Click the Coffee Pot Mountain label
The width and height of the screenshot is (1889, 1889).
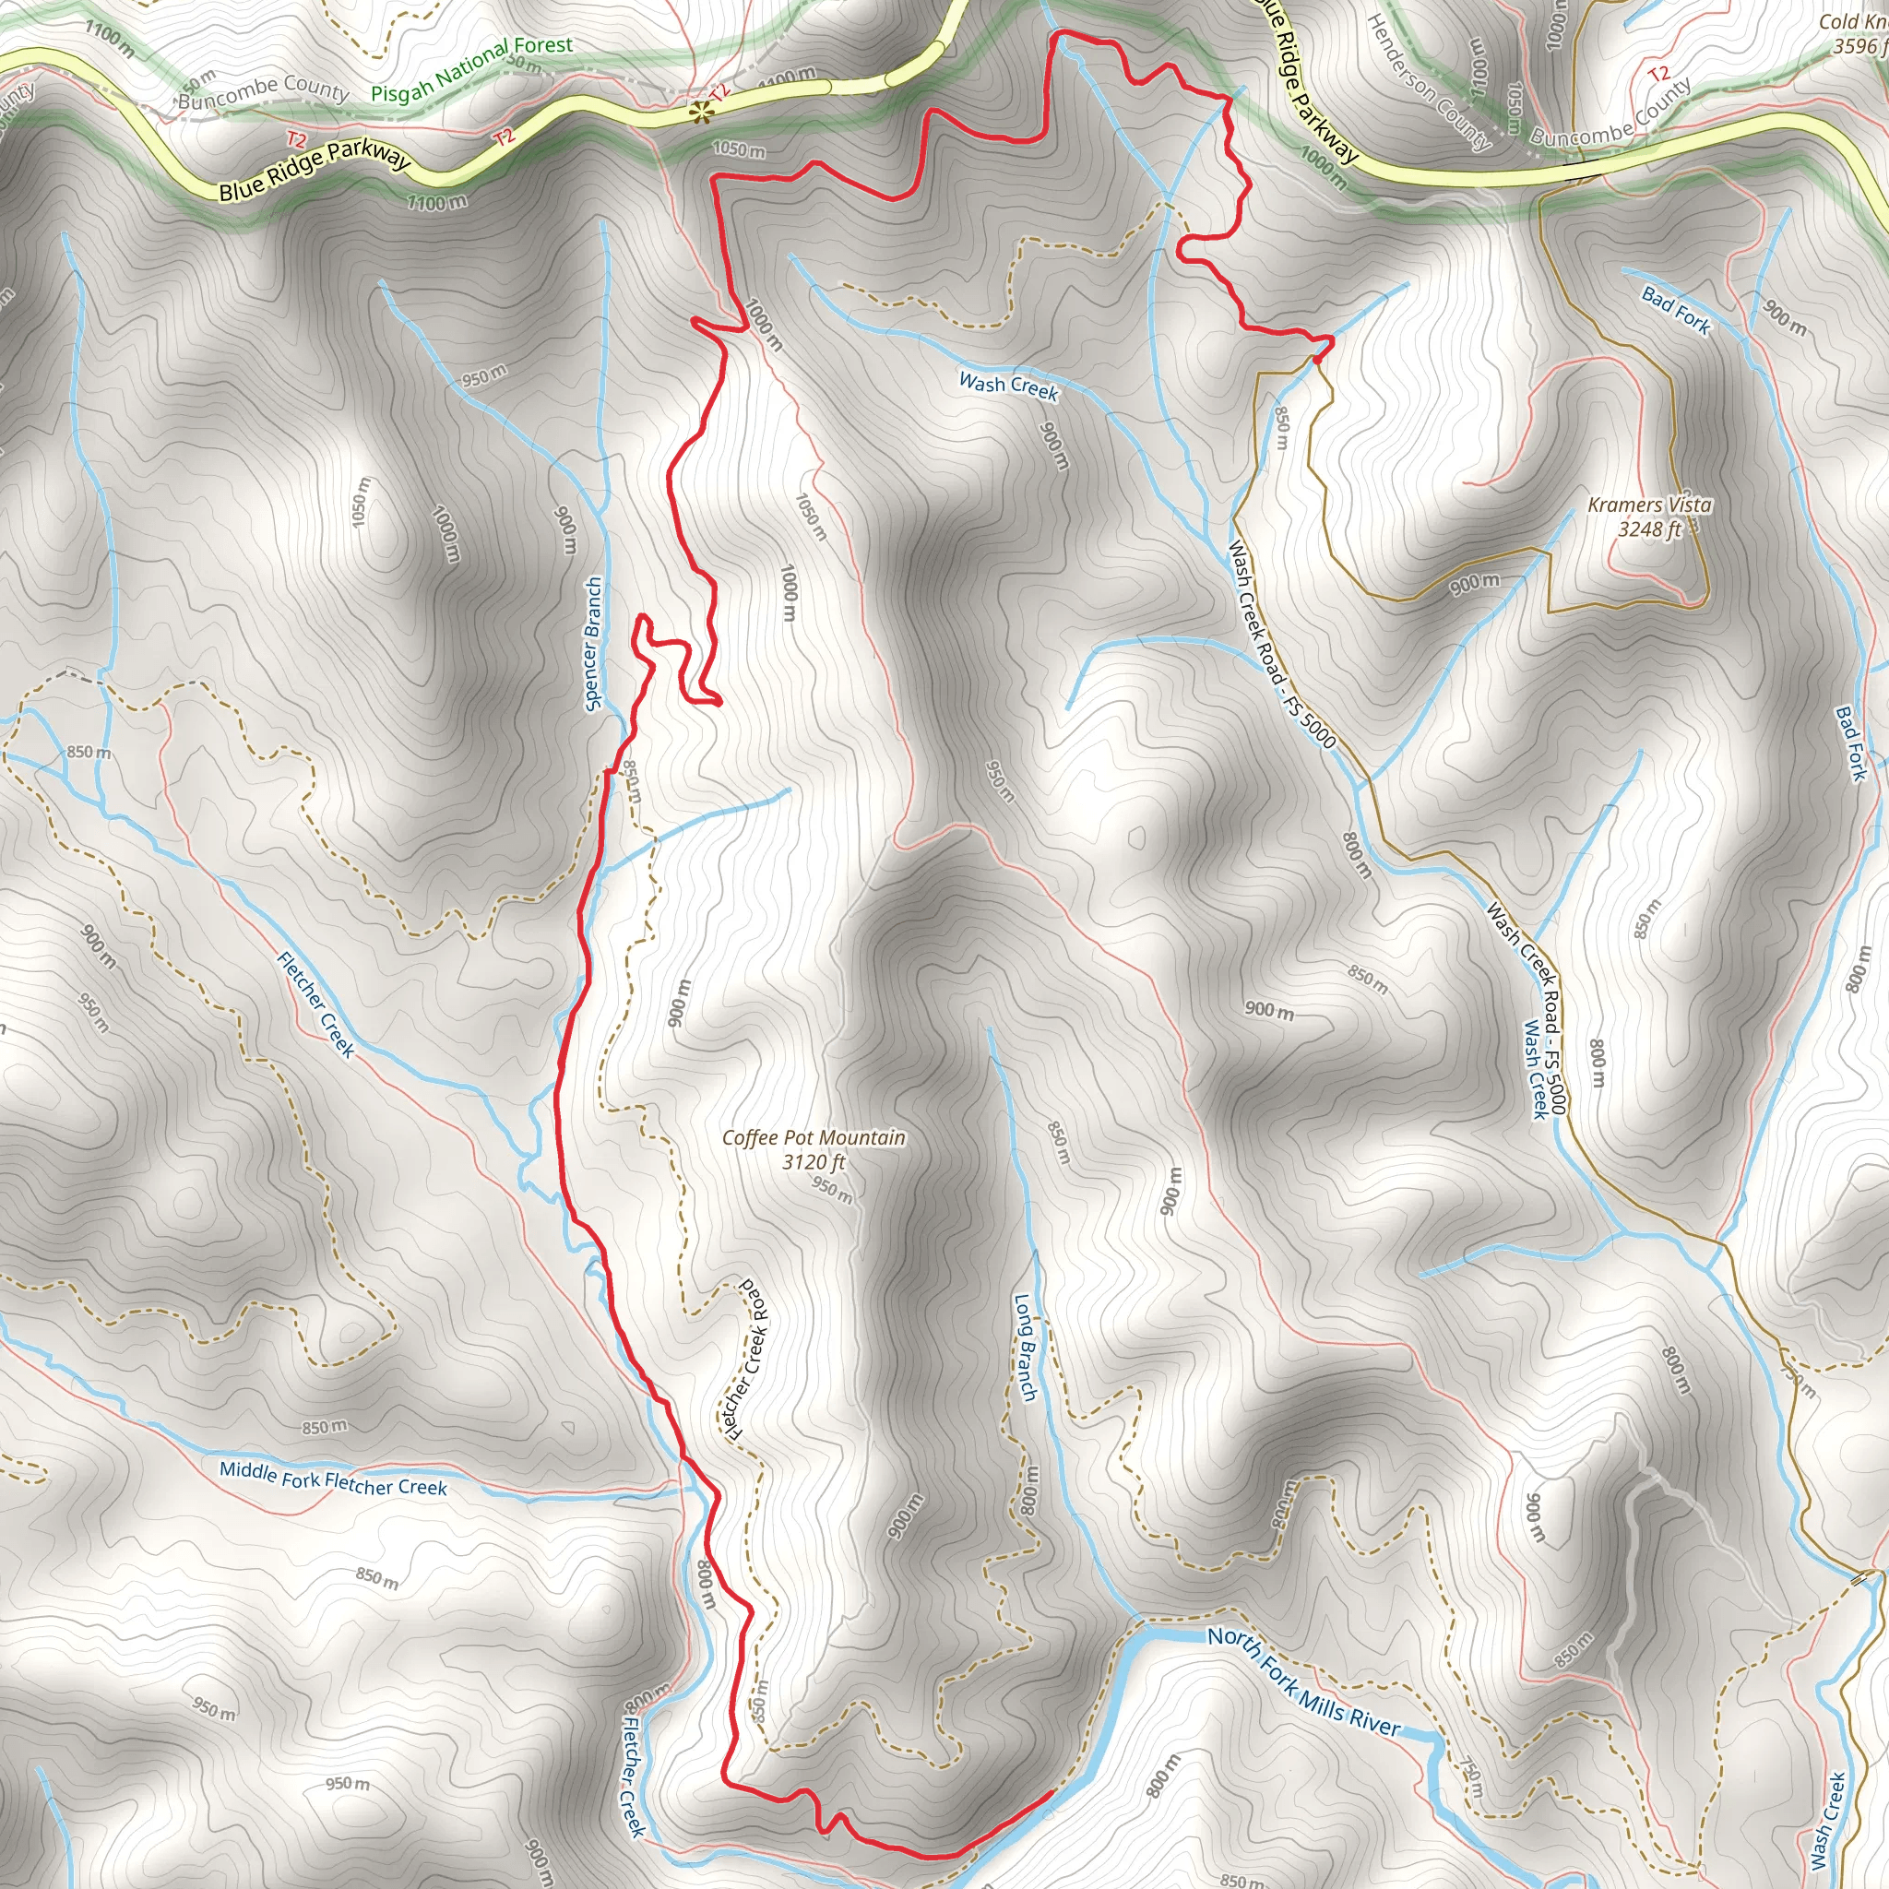(x=814, y=1137)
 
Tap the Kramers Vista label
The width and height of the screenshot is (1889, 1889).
(x=1649, y=505)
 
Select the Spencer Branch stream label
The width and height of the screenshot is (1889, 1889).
(x=592, y=645)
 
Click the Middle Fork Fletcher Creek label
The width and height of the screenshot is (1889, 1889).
(x=332, y=1479)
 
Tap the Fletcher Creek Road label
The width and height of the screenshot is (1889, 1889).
(x=748, y=1358)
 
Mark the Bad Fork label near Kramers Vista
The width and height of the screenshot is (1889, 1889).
(x=1676, y=311)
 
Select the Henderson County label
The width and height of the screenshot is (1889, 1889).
(x=1428, y=82)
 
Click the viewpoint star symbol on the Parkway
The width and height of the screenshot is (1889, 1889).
(x=699, y=113)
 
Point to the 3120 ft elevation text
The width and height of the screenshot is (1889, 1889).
(x=814, y=1161)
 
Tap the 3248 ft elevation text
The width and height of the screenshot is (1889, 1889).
(x=1649, y=529)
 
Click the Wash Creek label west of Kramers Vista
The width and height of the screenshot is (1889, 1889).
(x=1008, y=386)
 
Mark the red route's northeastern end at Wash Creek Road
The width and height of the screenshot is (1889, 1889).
(x=1318, y=359)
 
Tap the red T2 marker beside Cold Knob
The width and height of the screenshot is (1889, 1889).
(x=1658, y=75)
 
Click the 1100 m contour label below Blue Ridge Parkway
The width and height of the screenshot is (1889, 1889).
(x=437, y=202)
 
